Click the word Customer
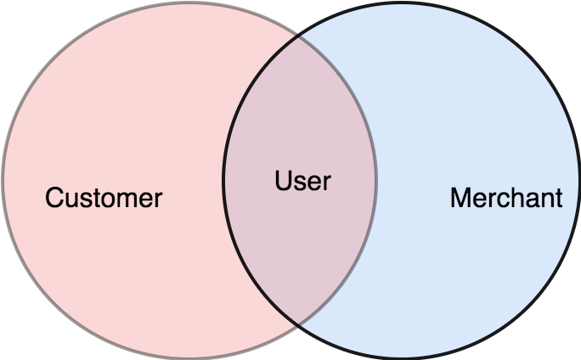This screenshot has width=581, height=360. pos(104,199)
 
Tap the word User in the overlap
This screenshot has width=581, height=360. pos(302,181)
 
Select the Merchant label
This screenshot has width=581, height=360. pos(505,199)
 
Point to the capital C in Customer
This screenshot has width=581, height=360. pos(54,199)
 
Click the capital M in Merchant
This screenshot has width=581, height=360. pos(460,199)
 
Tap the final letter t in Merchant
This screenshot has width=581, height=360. pos(558,199)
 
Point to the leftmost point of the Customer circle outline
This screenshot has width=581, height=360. pos(3,180)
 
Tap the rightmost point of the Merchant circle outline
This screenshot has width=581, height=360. pos(579,180)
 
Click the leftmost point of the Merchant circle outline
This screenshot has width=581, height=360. pos(223,180)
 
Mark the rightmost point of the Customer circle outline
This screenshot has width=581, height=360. pos(376,180)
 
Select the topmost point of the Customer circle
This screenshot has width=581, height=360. pos(189,3)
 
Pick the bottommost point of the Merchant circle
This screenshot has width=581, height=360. pos(402,357)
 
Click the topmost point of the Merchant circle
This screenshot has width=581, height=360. pos(402,3)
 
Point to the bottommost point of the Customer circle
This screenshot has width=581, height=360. pos(189,357)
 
